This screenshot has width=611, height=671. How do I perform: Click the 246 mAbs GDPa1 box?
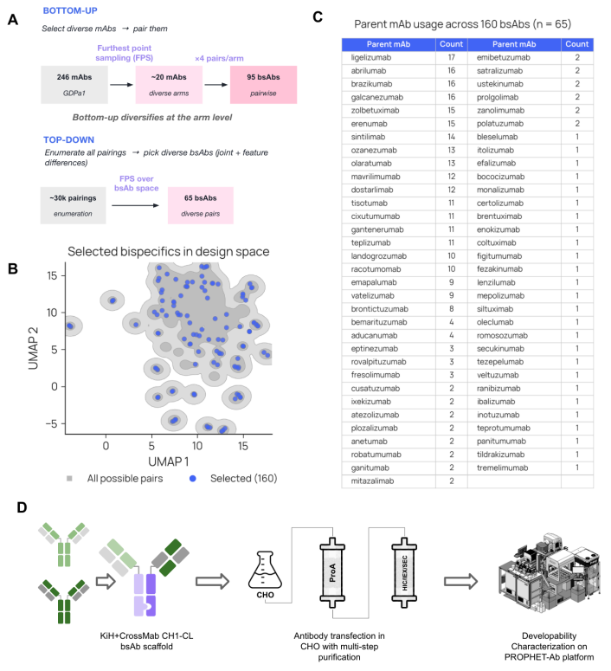[x=74, y=85]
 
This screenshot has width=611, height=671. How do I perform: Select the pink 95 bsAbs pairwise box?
[x=264, y=85]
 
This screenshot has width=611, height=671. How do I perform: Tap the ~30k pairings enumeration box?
[x=74, y=205]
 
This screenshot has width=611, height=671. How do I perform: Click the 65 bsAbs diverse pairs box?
[x=201, y=205]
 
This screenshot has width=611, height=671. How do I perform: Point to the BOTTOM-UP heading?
[x=70, y=10]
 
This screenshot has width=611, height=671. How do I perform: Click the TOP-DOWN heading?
[x=69, y=140]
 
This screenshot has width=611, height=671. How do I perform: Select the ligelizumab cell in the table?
[x=371, y=57]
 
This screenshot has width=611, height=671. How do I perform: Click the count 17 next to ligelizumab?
[x=452, y=57]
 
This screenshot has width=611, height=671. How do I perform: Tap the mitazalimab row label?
[x=372, y=481]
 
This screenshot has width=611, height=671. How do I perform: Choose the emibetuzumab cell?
[x=504, y=57]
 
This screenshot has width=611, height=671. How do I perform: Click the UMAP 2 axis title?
[x=33, y=348]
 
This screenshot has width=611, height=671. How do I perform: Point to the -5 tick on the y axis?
[x=51, y=424]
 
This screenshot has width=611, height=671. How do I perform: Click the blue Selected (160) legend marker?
[x=193, y=479]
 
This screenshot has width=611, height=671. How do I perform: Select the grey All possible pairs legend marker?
[x=69, y=479]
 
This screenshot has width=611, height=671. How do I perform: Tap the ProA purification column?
[x=332, y=572]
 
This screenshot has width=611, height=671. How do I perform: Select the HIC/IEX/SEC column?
[x=404, y=572]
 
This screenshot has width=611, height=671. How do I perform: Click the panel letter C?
[x=318, y=16]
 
